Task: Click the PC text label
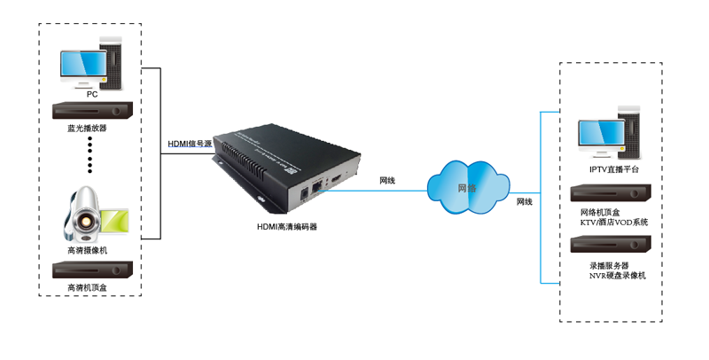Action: (91, 93)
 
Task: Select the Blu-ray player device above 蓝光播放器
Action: (92, 111)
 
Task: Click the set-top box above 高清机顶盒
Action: (92, 270)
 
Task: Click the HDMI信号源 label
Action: (190, 144)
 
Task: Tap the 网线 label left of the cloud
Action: (387, 180)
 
